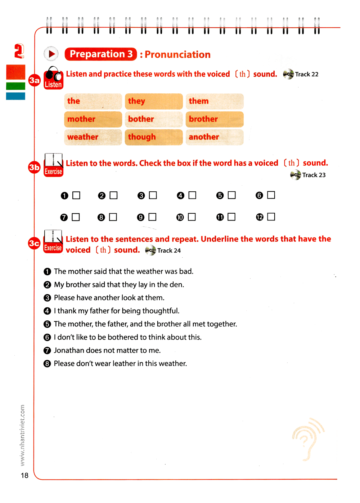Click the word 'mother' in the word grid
81,119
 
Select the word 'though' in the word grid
142,137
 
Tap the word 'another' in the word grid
204,137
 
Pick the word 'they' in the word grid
136,101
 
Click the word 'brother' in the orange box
203,119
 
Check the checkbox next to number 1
76,195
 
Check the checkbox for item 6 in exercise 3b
271,195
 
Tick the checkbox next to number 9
152,217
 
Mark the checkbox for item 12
271,217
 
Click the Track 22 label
307,74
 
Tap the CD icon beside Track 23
295,175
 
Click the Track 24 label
169,250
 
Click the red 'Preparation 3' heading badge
101,54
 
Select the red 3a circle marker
35,80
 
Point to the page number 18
24,475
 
